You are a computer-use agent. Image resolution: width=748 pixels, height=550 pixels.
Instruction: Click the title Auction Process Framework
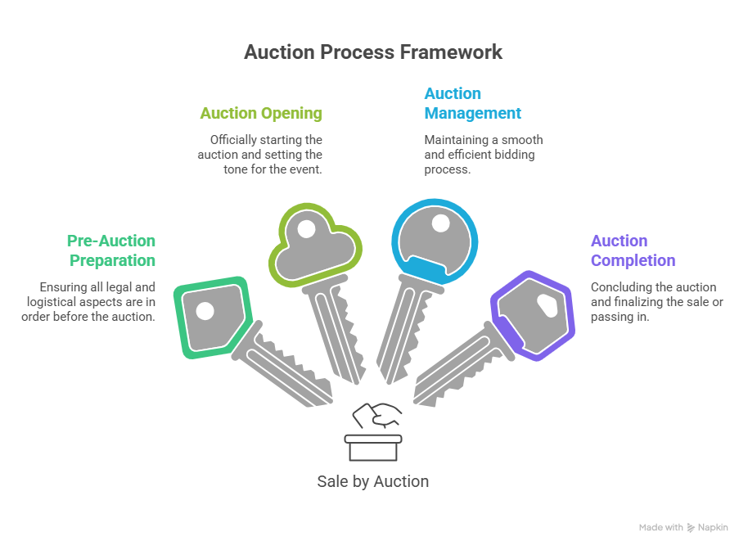tap(373, 52)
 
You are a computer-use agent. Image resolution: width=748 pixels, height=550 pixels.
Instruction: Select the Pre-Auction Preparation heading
tap(110, 250)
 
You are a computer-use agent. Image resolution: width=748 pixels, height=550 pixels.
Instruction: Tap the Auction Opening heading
tap(261, 113)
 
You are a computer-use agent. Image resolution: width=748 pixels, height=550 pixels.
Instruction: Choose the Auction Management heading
tap(472, 103)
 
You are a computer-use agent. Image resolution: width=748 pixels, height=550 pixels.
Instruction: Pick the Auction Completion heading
tap(633, 250)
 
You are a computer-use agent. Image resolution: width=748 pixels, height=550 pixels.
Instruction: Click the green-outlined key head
tap(211, 317)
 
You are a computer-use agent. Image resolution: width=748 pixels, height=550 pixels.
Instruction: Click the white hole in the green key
tap(205, 311)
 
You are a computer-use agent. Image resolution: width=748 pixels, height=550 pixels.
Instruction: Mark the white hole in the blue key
tap(441, 223)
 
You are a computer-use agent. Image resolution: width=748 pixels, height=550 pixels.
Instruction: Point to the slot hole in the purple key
tap(547, 305)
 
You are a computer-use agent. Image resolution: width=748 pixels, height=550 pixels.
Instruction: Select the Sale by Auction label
tap(372, 481)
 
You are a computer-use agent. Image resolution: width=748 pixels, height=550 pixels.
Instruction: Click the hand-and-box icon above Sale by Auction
tap(373, 431)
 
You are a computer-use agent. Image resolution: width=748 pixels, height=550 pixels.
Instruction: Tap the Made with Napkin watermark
tap(683, 528)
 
